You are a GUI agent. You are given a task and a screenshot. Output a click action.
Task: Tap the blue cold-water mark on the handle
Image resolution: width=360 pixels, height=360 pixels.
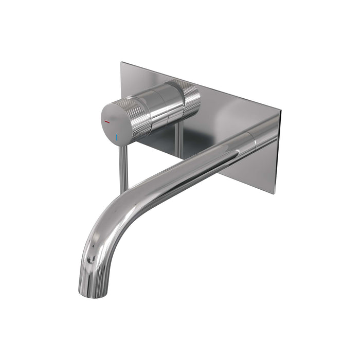117,137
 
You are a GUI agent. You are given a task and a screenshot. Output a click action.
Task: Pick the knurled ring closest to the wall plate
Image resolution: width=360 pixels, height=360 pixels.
189,99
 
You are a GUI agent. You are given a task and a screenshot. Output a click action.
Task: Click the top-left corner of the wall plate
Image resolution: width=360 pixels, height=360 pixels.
121,63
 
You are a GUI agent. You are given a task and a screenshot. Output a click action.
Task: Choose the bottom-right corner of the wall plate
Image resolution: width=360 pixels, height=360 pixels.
277,193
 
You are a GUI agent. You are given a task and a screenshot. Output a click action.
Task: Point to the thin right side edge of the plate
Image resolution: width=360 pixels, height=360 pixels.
279,154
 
